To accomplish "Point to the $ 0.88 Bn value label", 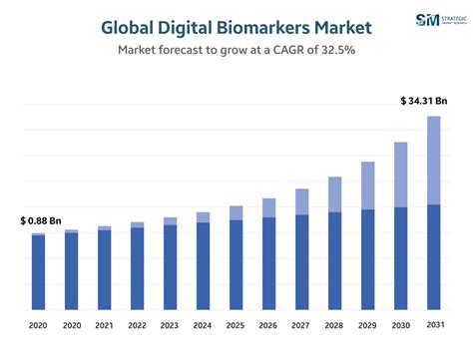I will (41, 219).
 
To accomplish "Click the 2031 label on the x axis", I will (435, 325).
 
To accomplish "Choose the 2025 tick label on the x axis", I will (236, 326).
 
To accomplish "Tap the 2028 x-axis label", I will (334, 326).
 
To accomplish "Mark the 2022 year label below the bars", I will (137, 326).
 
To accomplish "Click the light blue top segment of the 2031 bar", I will (434, 160).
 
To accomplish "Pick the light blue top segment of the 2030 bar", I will (401, 175).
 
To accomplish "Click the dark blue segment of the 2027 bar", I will (301, 262).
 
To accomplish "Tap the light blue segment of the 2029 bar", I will (368, 185).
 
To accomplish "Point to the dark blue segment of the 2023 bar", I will (170, 267).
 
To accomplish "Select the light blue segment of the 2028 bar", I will (334, 194).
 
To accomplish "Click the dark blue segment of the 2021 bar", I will (104, 270).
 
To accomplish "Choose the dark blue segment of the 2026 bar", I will (268, 263).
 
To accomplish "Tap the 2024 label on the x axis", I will (203, 326).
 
